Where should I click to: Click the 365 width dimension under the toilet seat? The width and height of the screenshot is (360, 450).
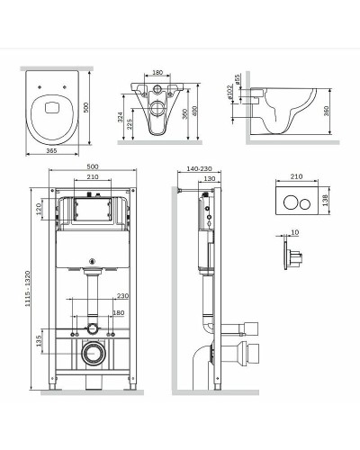click(x=52, y=151)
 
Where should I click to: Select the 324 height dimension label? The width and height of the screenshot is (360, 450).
click(x=121, y=117)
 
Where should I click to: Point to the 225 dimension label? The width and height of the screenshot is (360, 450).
click(x=130, y=123)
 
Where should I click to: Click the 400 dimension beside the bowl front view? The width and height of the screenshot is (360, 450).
click(x=195, y=111)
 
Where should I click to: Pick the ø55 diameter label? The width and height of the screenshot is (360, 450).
click(x=237, y=80)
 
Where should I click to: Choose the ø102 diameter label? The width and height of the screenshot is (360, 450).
click(x=229, y=92)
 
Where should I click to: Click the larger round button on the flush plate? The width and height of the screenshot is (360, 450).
click(x=291, y=203)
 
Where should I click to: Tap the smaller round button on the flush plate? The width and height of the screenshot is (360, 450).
click(x=305, y=203)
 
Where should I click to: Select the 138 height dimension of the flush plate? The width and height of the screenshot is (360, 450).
click(x=326, y=200)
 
